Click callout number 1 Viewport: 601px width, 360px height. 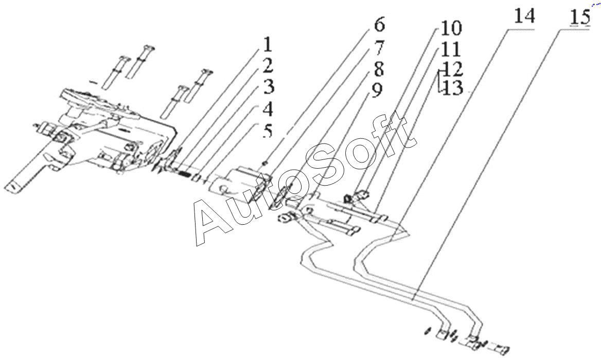click(x=267, y=45)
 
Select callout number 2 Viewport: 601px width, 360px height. click(x=268, y=66)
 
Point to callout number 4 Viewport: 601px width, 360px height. click(x=268, y=110)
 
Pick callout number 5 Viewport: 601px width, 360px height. click(x=267, y=132)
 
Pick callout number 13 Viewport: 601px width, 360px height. click(x=452, y=88)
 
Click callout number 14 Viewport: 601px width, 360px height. click(x=523, y=16)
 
